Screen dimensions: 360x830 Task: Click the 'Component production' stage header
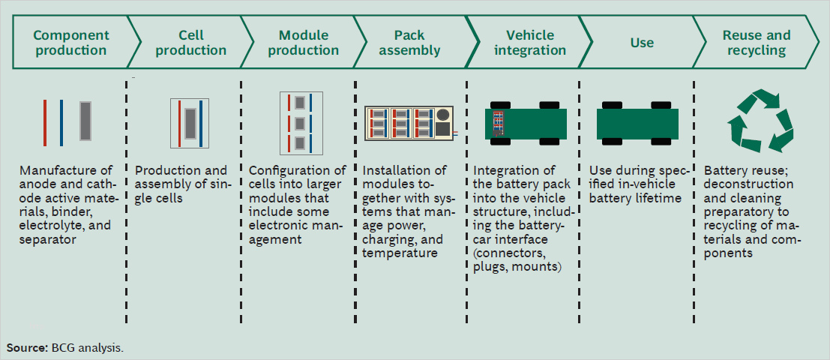[x=70, y=43]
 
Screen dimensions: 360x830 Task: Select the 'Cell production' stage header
[x=191, y=43]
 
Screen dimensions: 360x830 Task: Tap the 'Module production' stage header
[x=303, y=43]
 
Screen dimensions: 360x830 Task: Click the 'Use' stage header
[x=642, y=43]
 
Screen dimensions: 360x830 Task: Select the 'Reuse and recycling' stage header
[x=756, y=43]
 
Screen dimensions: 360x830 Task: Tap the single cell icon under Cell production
[x=190, y=122]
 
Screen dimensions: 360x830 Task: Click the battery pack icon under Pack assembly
[x=410, y=122]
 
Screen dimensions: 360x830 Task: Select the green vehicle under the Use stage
[x=637, y=121]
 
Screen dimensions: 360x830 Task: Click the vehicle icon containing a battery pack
[x=524, y=121]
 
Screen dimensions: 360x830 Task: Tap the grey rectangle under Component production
[x=85, y=122]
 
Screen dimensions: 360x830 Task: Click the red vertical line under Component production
[x=45, y=122]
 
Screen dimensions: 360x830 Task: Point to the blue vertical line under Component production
[x=61, y=122]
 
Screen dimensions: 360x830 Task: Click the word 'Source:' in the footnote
[x=27, y=348]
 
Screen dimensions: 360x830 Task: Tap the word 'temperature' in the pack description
[x=400, y=253]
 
